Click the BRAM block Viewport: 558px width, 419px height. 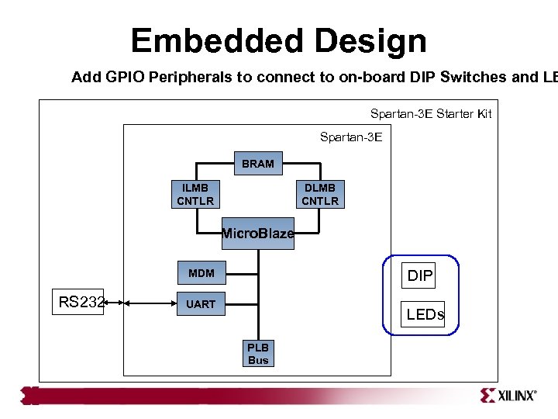[257, 164]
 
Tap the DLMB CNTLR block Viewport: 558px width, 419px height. [320, 195]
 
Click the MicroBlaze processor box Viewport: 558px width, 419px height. [258, 234]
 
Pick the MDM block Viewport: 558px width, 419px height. [201, 273]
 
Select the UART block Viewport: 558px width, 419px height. [201, 304]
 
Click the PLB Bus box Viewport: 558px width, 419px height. [258, 354]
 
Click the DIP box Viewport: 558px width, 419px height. [420, 275]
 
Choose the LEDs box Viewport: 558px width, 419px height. [425, 314]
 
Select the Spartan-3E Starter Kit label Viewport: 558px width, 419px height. [430, 114]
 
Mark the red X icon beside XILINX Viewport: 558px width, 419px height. [487, 396]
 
